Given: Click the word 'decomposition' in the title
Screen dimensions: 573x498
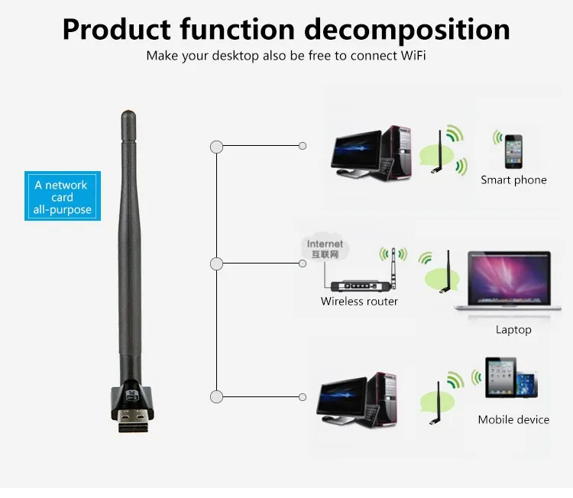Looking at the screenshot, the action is click(x=407, y=30).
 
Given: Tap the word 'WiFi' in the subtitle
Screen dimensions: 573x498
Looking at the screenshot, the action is click(x=413, y=56).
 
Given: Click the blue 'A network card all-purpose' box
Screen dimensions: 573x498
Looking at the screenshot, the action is click(x=63, y=196).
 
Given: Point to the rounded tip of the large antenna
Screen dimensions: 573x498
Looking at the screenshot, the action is click(x=128, y=113).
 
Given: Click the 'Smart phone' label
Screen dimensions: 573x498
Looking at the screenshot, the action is click(x=513, y=179).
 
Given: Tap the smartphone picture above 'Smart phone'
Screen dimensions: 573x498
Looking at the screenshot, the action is click(x=513, y=152).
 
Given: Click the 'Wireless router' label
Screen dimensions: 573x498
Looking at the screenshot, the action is click(x=359, y=301).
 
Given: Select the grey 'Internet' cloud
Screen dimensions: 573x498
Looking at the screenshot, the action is click(x=325, y=247).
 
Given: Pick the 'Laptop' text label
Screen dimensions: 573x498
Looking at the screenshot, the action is click(x=513, y=330).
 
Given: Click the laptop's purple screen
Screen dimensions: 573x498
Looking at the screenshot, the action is click(x=509, y=278).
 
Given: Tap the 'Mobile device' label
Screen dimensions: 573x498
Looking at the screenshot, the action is click(x=513, y=419).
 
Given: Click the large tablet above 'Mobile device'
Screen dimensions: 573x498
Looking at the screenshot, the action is click(x=500, y=377).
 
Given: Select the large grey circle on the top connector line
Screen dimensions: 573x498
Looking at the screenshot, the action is click(x=217, y=147).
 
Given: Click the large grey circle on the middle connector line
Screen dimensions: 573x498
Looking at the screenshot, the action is click(x=217, y=264).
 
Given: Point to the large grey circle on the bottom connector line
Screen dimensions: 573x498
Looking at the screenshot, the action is click(x=217, y=396).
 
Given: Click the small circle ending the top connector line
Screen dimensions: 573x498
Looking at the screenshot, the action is click(x=303, y=146).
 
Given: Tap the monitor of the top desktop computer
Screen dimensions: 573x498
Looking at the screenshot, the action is click(x=356, y=150).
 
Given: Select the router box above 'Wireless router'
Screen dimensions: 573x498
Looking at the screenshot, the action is click(x=361, y=286).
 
